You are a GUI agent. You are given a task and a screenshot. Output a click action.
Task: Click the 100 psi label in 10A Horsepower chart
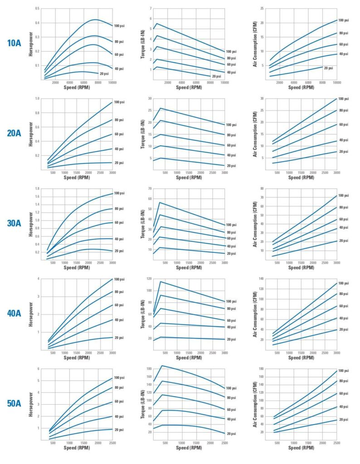[x=119, y=26]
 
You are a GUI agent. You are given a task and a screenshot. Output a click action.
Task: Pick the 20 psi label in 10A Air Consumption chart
[x=328, y=68]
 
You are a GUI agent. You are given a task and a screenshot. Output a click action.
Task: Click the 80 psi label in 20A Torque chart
[x=231, y=135]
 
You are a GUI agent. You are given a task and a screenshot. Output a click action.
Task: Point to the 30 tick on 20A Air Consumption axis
[x=262, y=98]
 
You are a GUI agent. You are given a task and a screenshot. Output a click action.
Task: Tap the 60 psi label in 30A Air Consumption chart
[x=344, y=219]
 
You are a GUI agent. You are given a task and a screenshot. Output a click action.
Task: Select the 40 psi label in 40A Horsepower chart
[x=119, y=320]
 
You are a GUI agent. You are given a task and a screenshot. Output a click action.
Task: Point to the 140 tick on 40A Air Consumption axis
[x=261, y=278]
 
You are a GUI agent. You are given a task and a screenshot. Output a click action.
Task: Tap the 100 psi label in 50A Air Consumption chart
[x=344, y=371]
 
